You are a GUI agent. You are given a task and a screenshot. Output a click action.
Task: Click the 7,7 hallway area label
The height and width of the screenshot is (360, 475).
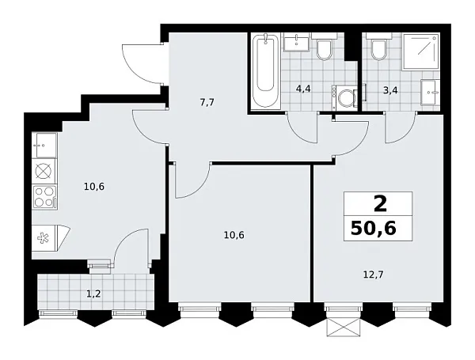point(207,102)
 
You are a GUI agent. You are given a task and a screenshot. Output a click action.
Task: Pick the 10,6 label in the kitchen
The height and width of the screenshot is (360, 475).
point(93,187)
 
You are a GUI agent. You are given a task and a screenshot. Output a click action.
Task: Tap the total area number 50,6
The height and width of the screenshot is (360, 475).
point(380,230)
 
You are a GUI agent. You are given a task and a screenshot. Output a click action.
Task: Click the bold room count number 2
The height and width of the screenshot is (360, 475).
point(380,204)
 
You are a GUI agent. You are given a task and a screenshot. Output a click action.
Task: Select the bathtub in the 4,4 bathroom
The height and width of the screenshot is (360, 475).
point(268,71)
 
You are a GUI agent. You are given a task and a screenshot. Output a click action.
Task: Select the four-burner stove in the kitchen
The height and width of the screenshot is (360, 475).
point(44,197)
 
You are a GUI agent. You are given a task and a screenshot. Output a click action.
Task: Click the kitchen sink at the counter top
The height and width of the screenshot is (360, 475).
point(44,145)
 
